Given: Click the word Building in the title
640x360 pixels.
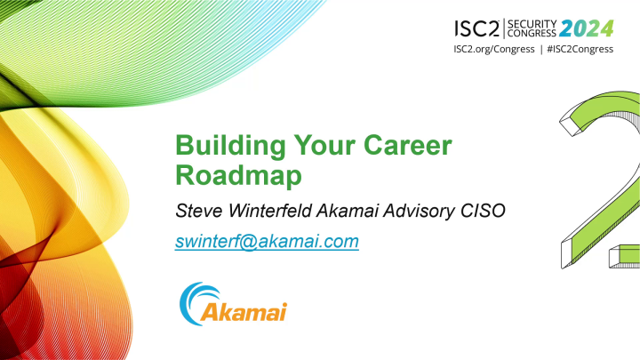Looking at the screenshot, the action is click(230, 146).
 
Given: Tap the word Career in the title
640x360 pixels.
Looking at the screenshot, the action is click(407, 145).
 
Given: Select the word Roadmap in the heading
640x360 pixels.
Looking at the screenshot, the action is click(238, 175).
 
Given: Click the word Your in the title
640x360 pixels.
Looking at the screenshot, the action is click(324, 145).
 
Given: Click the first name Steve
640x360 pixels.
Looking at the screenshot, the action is click(199, 211).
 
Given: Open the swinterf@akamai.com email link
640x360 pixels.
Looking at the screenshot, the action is click(267, 241).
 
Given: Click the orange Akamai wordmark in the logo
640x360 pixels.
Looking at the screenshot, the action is click(244, 312).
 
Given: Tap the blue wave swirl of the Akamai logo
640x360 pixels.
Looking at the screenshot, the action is click(196, 302).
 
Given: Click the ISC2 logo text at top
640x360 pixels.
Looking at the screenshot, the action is click(476, 28).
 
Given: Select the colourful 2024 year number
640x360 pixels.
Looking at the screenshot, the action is click(587, 28).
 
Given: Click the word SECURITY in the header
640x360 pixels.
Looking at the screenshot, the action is click(532, 24).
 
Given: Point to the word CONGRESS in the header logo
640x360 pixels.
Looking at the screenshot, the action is click(532, 33).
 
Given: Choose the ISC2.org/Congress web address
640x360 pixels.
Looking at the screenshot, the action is click(494, 50).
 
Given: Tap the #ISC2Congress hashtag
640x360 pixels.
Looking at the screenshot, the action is click(580, 50).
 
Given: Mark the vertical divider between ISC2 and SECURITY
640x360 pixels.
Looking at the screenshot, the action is click(504, 28).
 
